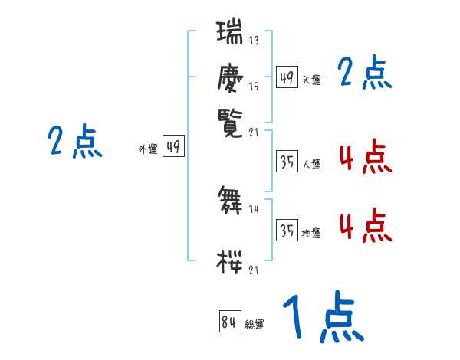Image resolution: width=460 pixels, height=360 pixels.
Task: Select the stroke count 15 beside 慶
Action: point(253,87)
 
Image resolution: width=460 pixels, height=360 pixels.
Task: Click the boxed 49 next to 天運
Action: point(287,77)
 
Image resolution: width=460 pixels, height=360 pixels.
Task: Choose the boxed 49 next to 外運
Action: point(173,147)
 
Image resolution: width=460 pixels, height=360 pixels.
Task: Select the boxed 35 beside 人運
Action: point(287,162)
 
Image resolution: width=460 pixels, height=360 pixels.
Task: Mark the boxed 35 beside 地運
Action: point(287,231)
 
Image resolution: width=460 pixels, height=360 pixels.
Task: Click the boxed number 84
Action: point(228,322)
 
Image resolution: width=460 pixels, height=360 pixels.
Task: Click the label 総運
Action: point(254,325)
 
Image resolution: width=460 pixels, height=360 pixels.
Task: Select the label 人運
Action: point(311,164)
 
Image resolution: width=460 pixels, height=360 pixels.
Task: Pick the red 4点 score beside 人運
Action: point(364,158)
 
